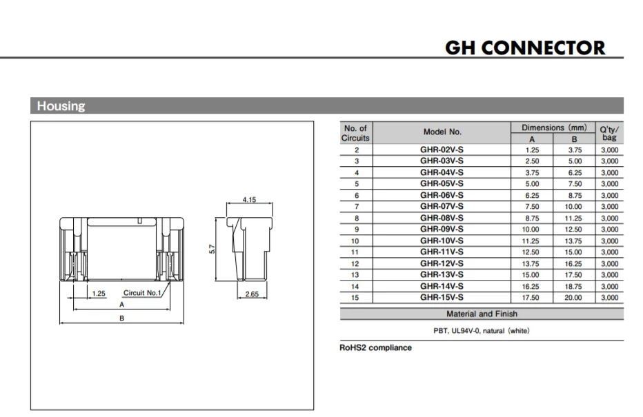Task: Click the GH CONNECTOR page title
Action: tap(525, 48)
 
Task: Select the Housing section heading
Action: tap(61, 106)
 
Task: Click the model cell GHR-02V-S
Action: tap(442, 150)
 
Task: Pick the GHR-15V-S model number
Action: tap(442, 298)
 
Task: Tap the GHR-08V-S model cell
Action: tap(442, 218)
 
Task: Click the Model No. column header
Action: tap(442, 132)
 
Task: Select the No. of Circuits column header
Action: tap(356, 132)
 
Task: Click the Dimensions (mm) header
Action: tap(554, 128)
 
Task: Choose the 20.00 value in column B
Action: tap(574, 298)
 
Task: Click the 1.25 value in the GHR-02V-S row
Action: tap(532, 150)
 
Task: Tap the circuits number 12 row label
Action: tap(356, 263)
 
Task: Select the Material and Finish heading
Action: tap(482, 314)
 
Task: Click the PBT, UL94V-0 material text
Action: tap(482, 331)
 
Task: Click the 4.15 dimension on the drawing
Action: tap(249, 200)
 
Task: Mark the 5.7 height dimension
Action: tap(212, 248)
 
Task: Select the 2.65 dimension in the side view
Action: tap(252, 294)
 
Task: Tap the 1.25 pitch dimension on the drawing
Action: tap(99, 293)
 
